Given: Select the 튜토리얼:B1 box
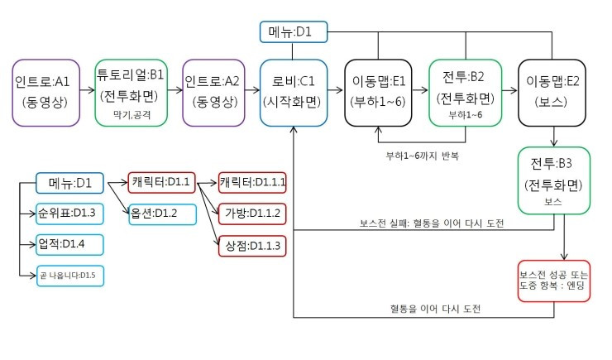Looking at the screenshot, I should (x=131, y=91).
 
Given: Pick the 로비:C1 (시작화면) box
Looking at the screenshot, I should (x=294, y=91).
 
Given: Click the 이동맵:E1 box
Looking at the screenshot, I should (x=379, y=91).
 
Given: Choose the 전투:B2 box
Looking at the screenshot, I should (x=465, y=91).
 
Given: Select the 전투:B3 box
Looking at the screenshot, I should (x=554, y=179).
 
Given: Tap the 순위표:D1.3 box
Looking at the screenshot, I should (x=70, y=213).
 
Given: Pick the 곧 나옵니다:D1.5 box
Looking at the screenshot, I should (x=70, y=274).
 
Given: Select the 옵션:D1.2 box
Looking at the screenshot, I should (x=161, y=213).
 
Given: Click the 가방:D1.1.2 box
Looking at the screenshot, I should (x=251, y=213).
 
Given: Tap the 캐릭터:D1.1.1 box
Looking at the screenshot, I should (x=251, y=181).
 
